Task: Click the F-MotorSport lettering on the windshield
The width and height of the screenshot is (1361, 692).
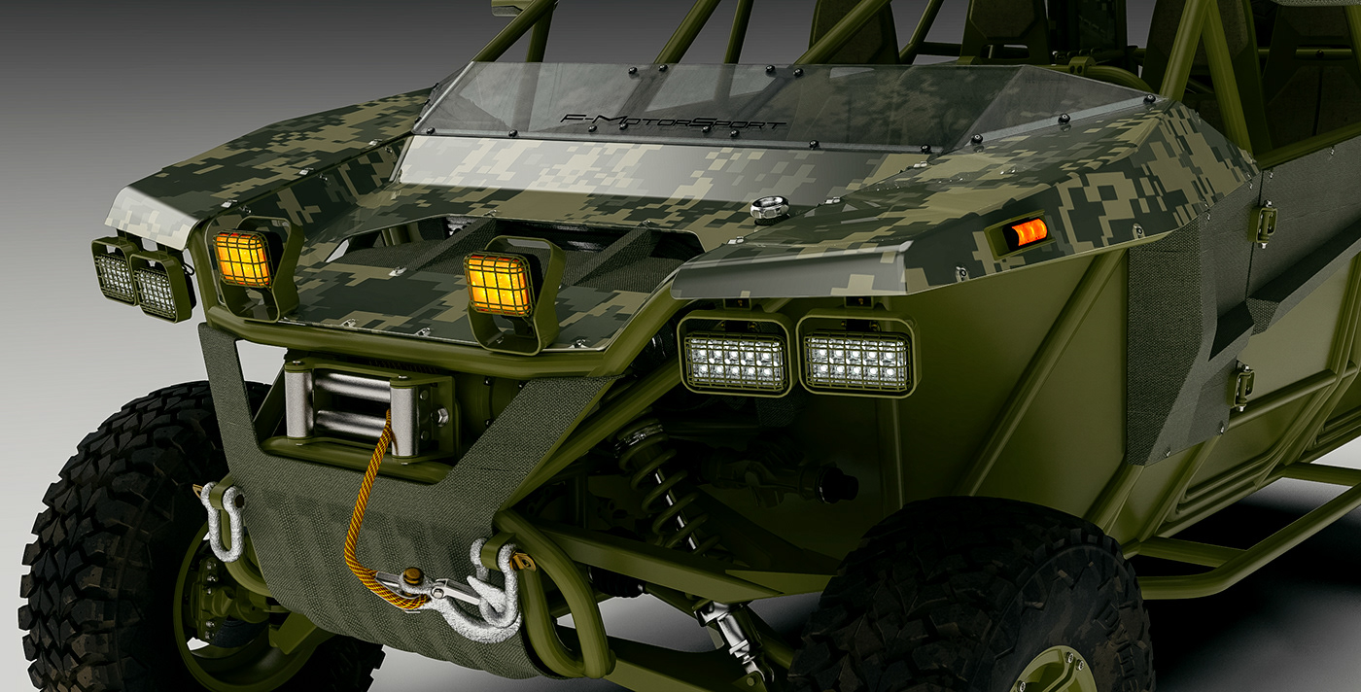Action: click(x=673, y=121)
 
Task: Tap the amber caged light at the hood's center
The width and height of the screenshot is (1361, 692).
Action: click(x=498, y=284)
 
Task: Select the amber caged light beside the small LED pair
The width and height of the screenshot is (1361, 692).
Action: click(x=242, y=259)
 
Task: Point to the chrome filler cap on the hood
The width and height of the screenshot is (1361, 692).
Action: click(x=768, y=209)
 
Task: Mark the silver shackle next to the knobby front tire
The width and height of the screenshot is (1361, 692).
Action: click(x=226, y=520)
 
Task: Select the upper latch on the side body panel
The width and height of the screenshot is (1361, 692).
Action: click(x=1264, y=222)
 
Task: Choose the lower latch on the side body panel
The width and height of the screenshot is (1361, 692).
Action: click(x=1241, y=387)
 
